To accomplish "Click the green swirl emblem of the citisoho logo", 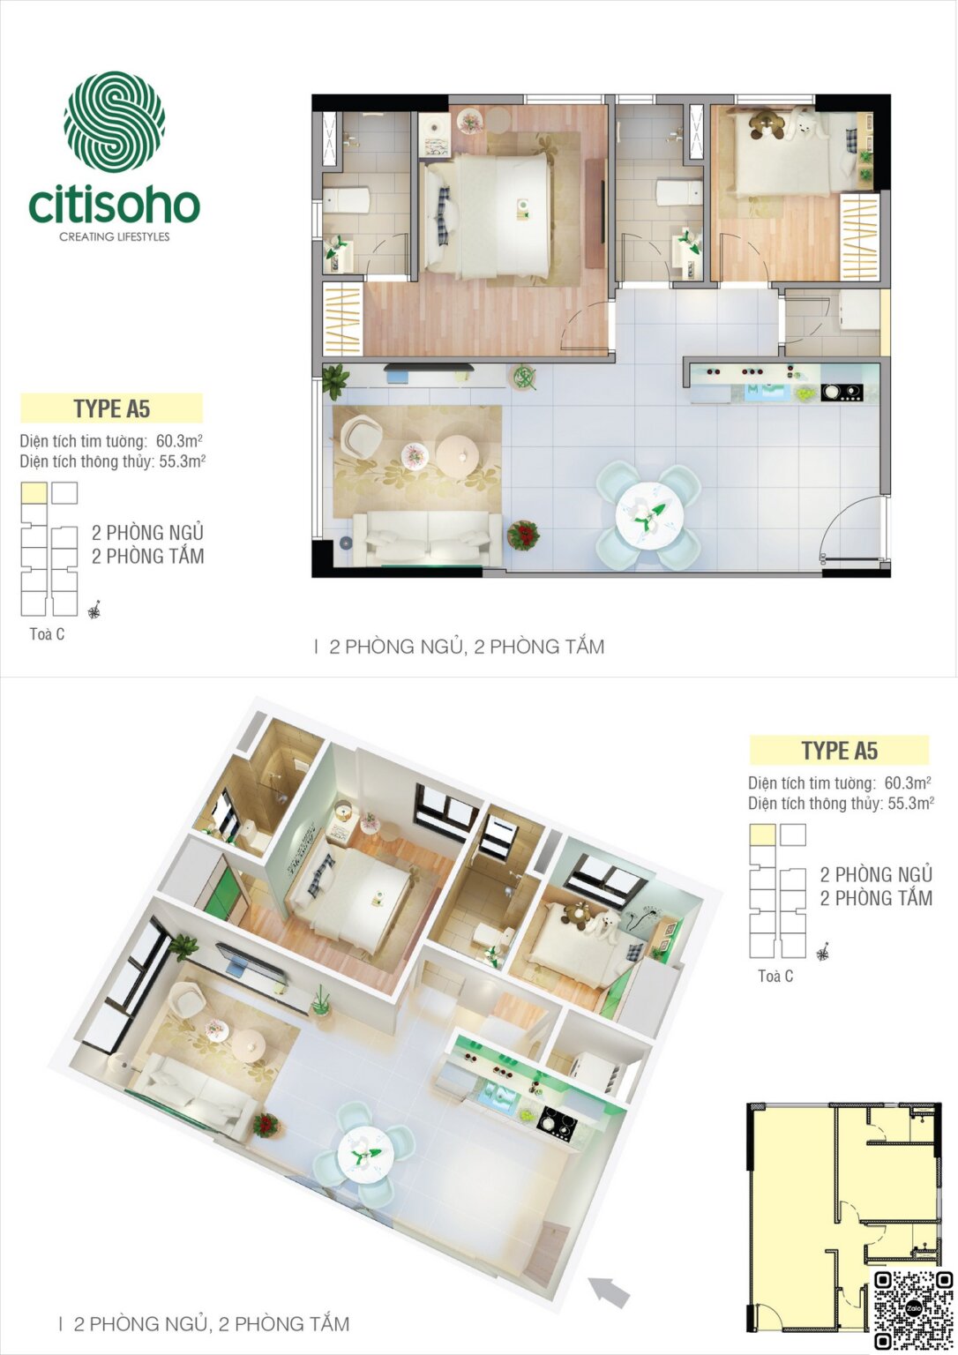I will pyautogui.click(x=114, y=122).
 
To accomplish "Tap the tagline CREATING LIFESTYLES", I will pyautogui.click(x=114, y=236).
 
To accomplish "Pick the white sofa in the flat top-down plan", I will pyautogui.click(x=428, y=535).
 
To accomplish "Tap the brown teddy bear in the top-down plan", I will pyautogui.click(x=765, y=124).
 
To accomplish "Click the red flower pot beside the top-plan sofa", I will pyautogui.click(x=523, y=535).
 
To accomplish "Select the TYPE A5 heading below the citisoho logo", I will pyautogui.click(x=112, y=408).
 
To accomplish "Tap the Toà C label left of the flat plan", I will pyautogui.click(x=47, y=634).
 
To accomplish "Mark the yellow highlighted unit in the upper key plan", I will pyautogui.click(x=34, y=492).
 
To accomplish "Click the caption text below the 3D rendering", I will pyautogui.click(x=212, y=1323).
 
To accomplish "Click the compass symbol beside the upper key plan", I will pyautogui.click(x=94, y=610).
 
